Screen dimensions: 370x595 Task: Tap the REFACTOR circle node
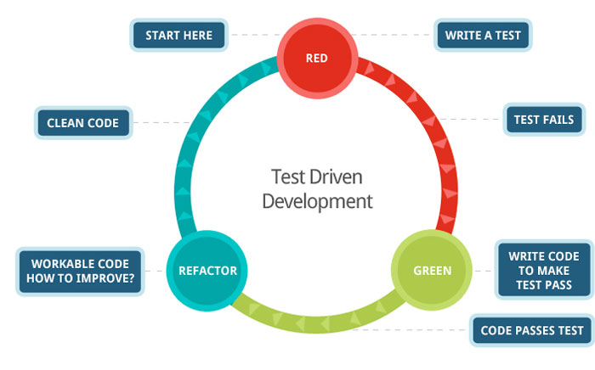pyautogui.click(x=207, y=271)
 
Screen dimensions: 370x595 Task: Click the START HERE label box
pyautogui.click(x=178, y=36)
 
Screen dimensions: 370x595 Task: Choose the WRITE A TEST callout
pyautogui.click(x=482, y=36)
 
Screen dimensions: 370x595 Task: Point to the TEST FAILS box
pyautogui.click(x=543, y=120)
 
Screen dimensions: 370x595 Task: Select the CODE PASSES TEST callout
pyautogui.click(x=532, y=330)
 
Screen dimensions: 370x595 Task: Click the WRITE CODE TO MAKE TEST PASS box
pyautogui.click(x=544, y=271)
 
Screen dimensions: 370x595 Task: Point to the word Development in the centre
pyautogui.click(x=316, y=201)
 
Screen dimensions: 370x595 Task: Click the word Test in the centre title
pyautogui.click(x=286, y=177)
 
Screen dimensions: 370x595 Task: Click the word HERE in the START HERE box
pyautogui.click(x=202, y=36)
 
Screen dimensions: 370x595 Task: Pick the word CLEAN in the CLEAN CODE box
pyautogui.click(x=65, y=123)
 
